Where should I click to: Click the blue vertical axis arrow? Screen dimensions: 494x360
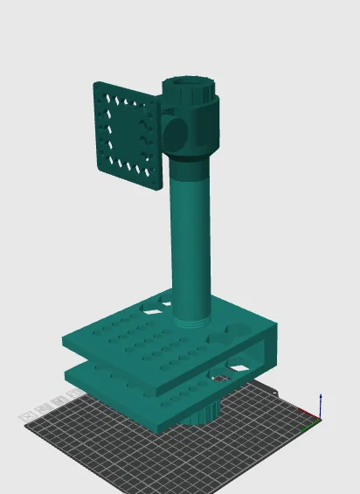pos(321,405)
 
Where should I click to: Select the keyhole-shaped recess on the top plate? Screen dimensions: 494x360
pos(236,333)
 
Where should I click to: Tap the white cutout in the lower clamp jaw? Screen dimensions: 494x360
pos(221,378)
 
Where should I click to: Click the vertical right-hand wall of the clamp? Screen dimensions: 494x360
pos(267,351)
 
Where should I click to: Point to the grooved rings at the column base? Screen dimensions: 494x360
pos(190,316)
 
